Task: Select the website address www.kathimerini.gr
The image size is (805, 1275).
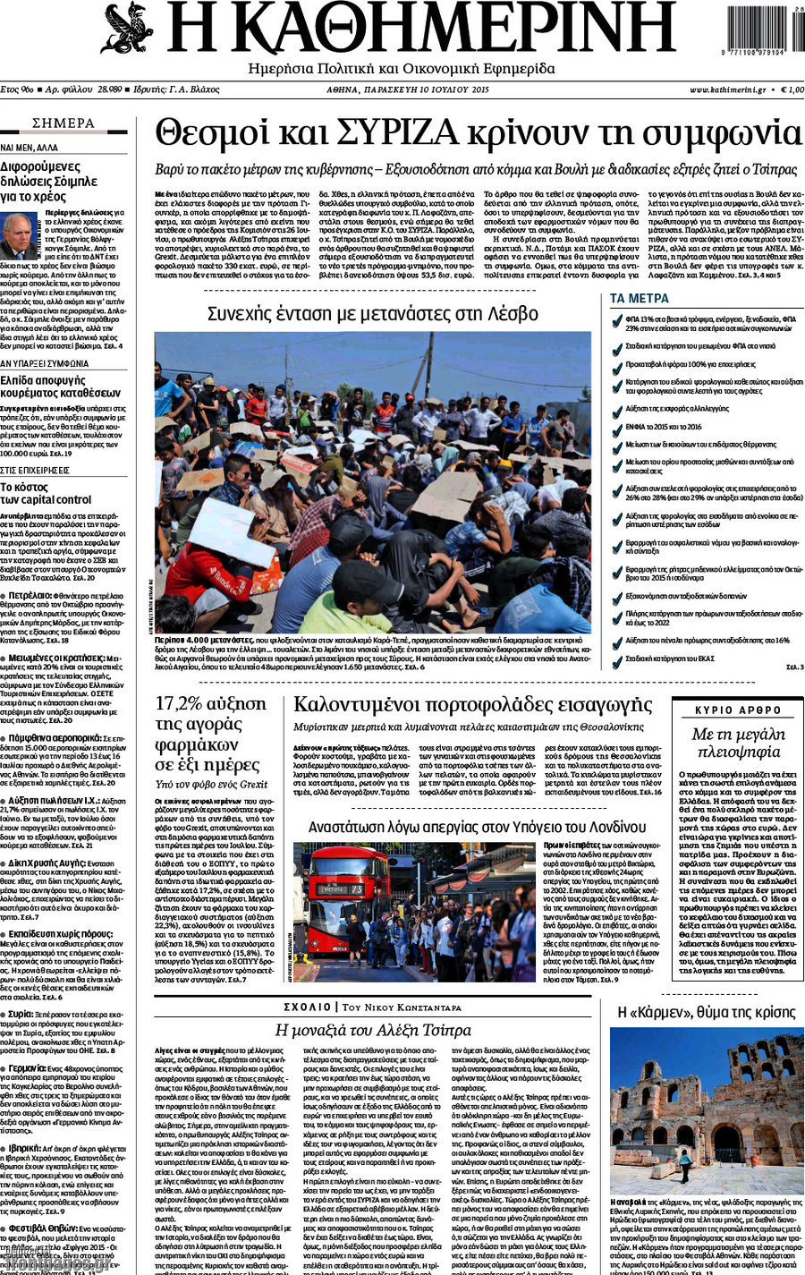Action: click(x=726, y=90)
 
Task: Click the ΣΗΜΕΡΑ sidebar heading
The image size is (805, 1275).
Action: click(x=63, y=123)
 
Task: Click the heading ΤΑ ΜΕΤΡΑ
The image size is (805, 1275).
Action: click(x=639, y=298)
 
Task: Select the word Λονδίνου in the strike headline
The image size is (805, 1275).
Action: click(x=605, y=827)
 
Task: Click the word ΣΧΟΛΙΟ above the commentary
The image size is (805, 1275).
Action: click(x=306, y=1007)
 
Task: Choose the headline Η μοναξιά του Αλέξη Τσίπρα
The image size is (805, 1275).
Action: click(x=372, y=1030)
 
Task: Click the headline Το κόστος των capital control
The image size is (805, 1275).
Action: click(x=46, y=493)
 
